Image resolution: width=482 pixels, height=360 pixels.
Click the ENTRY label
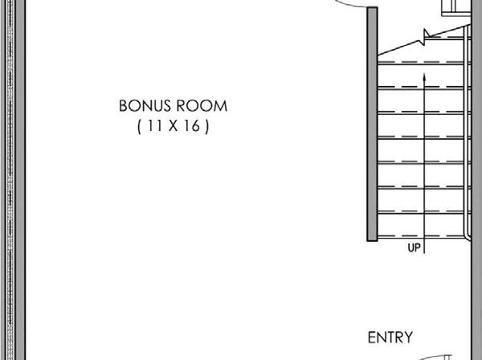(390, 337)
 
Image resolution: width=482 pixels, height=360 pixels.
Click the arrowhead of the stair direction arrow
(423, 76)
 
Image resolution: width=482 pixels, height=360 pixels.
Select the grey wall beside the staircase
(371, 121)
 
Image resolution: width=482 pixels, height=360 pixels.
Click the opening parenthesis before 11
(140, 126)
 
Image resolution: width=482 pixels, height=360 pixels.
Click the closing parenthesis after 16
(207, 126)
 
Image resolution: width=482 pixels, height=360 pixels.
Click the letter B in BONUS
(124, 106)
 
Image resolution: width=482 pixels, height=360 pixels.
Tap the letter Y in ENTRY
(409, 337)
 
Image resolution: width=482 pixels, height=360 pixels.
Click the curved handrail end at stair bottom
(468, 233)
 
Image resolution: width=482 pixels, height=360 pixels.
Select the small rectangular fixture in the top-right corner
(455, 6)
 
